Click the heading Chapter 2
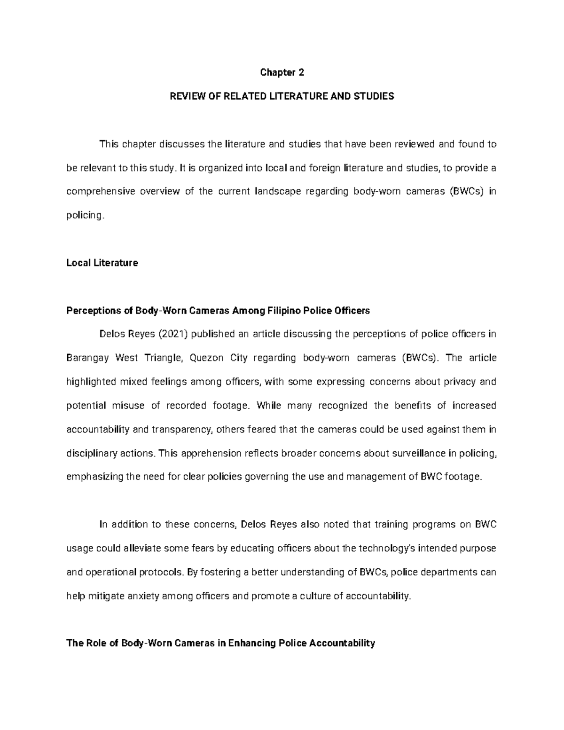tap(282, 72)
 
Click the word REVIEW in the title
tap(186, 96)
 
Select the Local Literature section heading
tap(102, 263)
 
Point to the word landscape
tap(277, 192)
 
